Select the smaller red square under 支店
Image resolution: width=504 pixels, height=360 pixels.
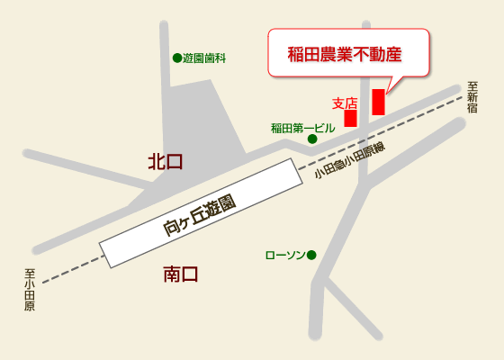350,118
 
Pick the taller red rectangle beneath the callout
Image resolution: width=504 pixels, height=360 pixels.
378,102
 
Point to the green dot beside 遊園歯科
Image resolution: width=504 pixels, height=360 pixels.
176,58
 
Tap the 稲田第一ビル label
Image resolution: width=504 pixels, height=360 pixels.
302,128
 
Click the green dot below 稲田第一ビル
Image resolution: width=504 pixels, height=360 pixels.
312,139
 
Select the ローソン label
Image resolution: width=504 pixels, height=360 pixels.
284,256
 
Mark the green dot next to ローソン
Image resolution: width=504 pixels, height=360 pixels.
312,256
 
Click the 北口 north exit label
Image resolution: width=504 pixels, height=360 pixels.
166,162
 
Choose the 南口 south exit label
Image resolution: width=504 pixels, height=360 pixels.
180,274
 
